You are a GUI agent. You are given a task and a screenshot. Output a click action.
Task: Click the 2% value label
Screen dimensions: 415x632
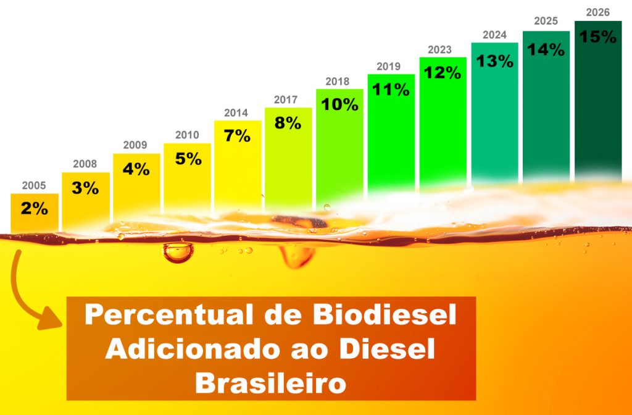[35, 209]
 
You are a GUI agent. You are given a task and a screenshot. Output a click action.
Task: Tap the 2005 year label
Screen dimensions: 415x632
[34, 185]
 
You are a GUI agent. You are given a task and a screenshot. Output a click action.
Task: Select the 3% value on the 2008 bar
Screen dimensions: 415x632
[85, 188]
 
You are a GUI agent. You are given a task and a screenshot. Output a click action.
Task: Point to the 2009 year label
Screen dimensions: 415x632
[135, 145]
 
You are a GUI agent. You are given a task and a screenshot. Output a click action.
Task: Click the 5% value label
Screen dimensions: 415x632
[188, 159]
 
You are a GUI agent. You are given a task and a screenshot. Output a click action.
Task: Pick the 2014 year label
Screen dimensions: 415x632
[236, 113]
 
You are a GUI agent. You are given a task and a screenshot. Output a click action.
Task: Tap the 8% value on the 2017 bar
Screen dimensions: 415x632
[288, 123]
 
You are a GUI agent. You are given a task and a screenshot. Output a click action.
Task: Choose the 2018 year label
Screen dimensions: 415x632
[338, 82]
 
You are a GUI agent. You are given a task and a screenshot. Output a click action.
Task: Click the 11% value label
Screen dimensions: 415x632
[391, 90]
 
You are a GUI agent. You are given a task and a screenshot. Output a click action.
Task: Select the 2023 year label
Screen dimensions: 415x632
[440, 50]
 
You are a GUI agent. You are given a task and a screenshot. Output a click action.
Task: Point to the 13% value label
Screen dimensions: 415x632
[494, 61]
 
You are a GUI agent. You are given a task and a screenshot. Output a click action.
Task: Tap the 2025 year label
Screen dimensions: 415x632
[546, 22]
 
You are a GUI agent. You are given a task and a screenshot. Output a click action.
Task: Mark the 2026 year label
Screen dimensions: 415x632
[597, 12]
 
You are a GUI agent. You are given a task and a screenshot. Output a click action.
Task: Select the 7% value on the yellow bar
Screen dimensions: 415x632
[237, 136]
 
